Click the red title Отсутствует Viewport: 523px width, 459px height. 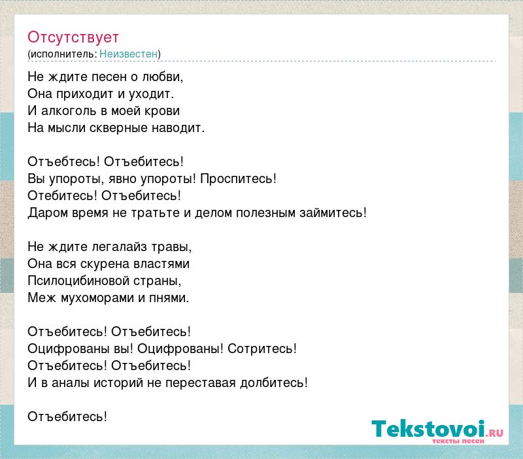pos(73,37)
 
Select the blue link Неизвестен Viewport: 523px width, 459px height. pos(128,54)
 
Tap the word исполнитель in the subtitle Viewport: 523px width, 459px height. pos(63,54)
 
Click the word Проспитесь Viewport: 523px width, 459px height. pos(238,179)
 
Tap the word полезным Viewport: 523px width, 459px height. pos(266,213)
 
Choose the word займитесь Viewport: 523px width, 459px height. pos(333,212)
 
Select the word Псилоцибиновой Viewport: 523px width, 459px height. pos(78,281)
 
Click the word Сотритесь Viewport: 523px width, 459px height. pos(262,349)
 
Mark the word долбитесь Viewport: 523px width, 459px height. pos(274,383)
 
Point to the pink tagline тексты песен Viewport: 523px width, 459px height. pos(458,441)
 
